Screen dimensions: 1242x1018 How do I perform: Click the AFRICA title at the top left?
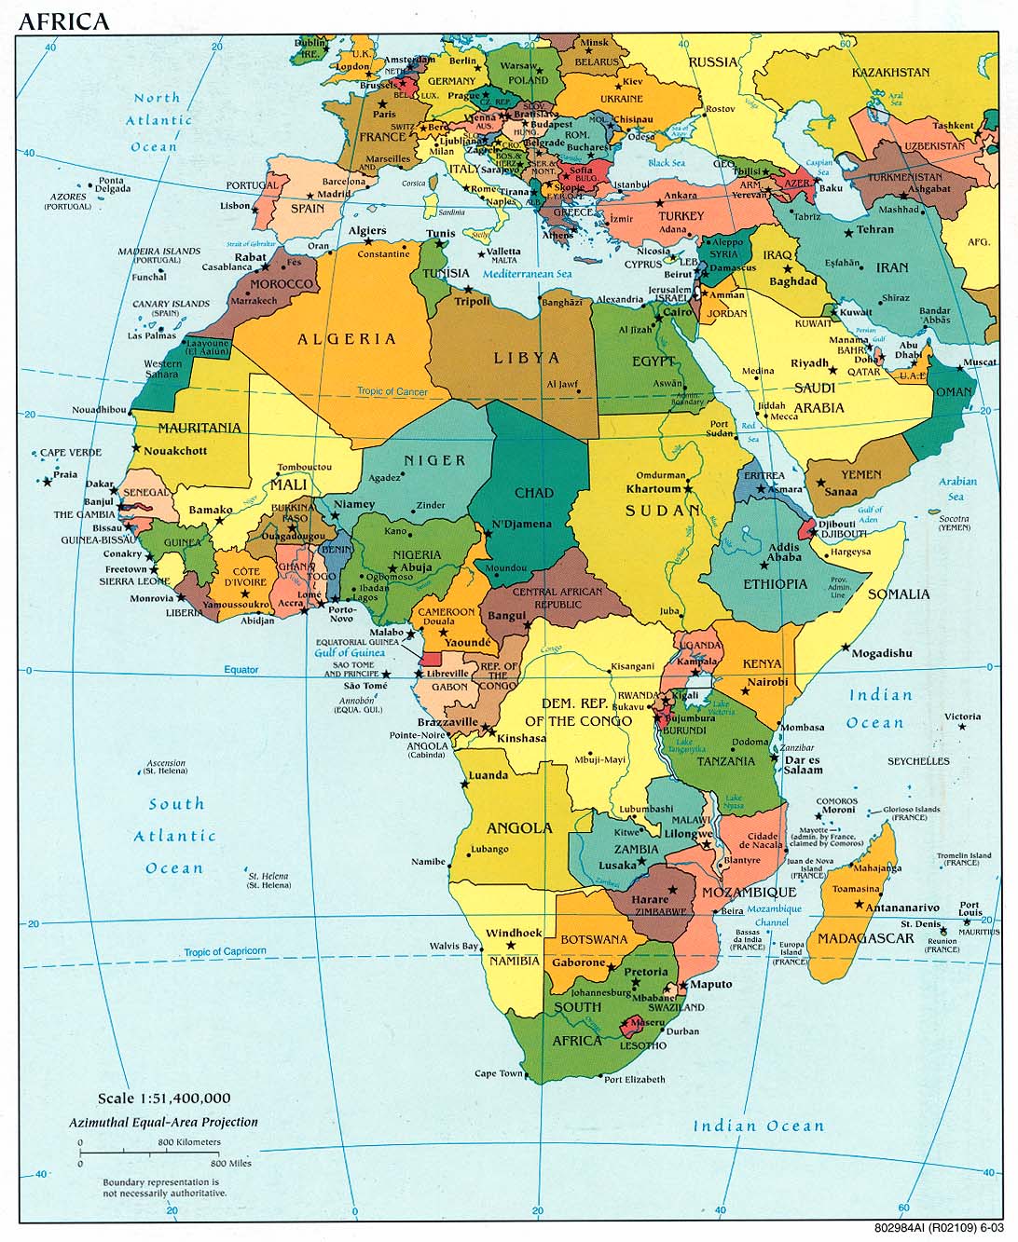(63, 20)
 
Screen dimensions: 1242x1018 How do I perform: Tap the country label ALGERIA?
(347, 339)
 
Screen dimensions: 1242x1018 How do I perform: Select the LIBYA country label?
(527, 358)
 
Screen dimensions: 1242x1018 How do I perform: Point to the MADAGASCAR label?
(866, 937)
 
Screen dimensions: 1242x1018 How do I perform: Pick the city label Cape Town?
(499, 1073)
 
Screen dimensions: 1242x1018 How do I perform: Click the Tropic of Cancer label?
(392, 391)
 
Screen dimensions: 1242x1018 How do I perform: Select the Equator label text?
(241, 670)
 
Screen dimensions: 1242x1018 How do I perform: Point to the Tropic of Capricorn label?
(225, 951)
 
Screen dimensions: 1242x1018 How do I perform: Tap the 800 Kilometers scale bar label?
(189, 1141)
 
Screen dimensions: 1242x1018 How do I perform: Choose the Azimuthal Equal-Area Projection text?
(163, 1122)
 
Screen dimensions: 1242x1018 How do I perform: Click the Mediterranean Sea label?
(527, 274)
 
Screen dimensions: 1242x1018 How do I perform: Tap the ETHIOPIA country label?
(776, 583)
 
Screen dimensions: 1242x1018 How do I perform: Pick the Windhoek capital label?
(514, 933)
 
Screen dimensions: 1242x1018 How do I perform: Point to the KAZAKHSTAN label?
(890, 72)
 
